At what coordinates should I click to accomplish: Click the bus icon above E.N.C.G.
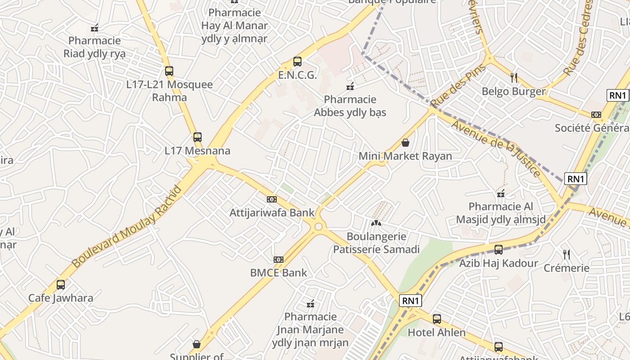coord(297,62)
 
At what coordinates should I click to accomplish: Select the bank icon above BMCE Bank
coord(279,260)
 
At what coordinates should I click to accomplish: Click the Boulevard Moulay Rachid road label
coord(127,226)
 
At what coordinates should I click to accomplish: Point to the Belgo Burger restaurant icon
coord(514,78)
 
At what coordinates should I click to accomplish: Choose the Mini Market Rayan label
coord(405,156)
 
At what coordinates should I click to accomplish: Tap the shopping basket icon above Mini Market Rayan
coord(405,143)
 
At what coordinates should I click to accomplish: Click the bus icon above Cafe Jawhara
coord(61,284)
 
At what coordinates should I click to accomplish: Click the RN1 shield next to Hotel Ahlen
coord(410,301)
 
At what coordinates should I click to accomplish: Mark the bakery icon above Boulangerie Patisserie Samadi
coord(376,223)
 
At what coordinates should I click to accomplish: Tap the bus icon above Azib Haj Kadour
coord(499,250)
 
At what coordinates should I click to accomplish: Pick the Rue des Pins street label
coord(458,85)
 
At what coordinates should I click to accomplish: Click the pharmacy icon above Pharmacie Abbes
coord(351,86)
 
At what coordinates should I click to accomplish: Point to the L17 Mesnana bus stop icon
coord(197,137)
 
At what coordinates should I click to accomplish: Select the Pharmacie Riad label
coord(94,47)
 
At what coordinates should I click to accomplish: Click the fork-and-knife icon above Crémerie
coord(567,255)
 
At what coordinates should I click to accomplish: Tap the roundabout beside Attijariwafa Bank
coord(319,226)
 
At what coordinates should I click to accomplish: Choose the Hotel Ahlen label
coord(436,333)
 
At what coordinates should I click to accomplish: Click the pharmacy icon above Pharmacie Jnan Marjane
coord(310,304)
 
